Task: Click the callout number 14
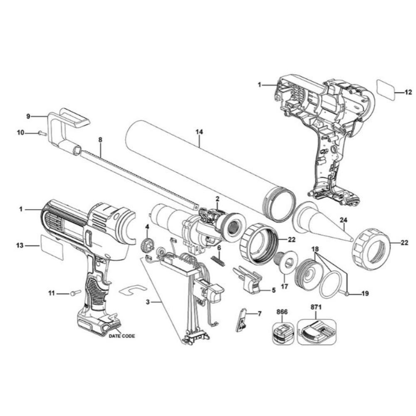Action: [199, 132]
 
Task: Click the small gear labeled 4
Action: [146, 245]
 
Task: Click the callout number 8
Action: [100, 140]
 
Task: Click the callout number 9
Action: [28, 116]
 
